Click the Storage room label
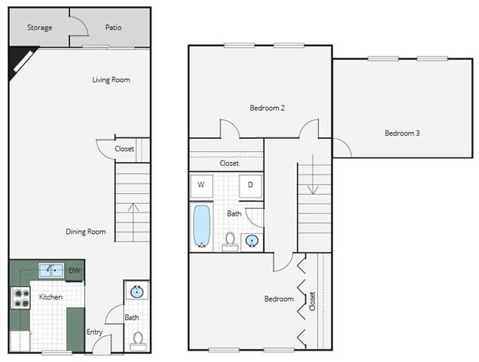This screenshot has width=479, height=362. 40,28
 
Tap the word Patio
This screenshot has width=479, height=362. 113,27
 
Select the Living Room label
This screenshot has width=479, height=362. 111,80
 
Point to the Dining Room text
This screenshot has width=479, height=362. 86,232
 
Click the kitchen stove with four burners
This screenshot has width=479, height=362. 21,298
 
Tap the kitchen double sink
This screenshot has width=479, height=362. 51,270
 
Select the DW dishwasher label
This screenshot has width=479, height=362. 75,270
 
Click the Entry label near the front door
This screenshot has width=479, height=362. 94,332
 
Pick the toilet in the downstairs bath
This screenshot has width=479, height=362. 138,341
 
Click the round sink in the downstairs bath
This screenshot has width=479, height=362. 137,292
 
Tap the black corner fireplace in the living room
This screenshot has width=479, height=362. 21,63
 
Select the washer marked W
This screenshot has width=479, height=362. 201,186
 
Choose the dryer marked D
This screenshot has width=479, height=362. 251,186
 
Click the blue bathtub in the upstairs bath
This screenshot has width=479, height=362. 202,225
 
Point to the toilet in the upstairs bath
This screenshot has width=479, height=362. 230,242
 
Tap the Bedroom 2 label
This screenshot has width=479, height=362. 267,108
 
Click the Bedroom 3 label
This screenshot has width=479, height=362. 402,133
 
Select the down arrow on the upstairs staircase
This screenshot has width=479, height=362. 313,174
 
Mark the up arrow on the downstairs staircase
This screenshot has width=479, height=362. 133,222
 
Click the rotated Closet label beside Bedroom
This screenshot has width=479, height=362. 313,302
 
